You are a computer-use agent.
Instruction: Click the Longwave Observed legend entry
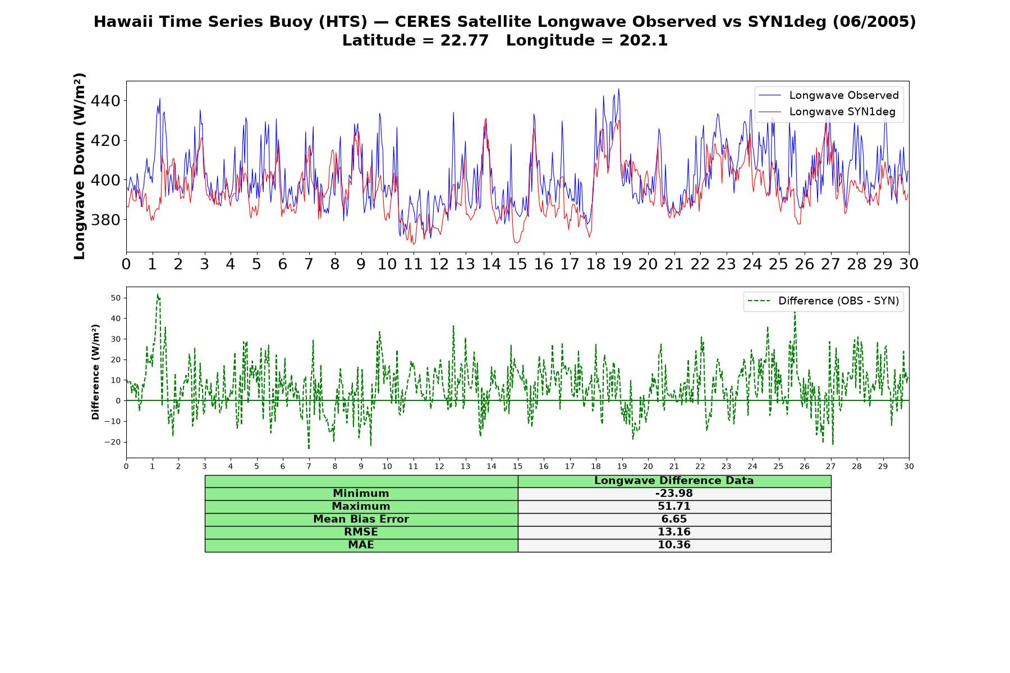[828, 95]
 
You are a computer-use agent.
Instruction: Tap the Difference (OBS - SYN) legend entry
[823, 301]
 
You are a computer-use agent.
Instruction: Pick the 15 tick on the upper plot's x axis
[517, 264]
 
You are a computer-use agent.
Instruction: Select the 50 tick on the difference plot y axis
[116, 298]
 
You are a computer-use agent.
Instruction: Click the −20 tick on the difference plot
[113, 442]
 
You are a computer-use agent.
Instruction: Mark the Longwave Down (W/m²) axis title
[79, 166]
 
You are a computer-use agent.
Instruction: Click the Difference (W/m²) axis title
[95, 372]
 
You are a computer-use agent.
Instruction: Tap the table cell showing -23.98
[674, 494]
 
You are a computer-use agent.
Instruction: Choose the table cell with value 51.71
[674, 506]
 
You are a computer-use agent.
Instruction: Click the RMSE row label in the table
[361, 532]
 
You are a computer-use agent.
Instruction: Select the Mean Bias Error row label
[361, 519]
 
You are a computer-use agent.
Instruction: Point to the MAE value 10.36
[674, 545]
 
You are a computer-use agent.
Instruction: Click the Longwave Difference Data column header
[674, 481]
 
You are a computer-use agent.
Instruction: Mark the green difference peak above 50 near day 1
[158, 294]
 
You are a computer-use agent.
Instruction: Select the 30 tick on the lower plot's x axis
[908, 466]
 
